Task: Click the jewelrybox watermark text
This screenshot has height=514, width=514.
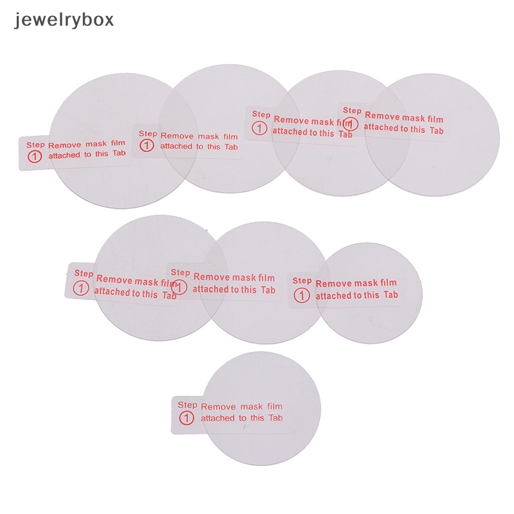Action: coord(63,19)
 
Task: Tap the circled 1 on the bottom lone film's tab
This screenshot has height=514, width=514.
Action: coord(187,418)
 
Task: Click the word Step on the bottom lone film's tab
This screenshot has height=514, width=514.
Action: coord(187,405)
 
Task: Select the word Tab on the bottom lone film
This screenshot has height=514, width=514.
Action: coord(276,418)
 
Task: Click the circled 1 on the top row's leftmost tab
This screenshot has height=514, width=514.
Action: coord(34,157)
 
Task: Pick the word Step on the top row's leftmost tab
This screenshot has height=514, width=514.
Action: coord(35,145)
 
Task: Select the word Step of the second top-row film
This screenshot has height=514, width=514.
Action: coord(148,134)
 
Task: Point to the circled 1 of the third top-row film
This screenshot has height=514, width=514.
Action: coord(260,128)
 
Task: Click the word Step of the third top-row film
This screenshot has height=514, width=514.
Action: coord(261,114)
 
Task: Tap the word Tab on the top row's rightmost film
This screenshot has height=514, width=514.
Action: coord(437,130)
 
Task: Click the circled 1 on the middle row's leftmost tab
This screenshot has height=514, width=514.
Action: coord(82,287)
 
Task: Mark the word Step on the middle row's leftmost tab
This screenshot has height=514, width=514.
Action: coord(84,274)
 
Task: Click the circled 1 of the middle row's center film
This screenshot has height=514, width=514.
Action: coord(181,286)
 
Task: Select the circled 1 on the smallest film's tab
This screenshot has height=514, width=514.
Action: coord(302,296)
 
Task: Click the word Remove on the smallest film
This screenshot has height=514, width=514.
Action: coord(333,283)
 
